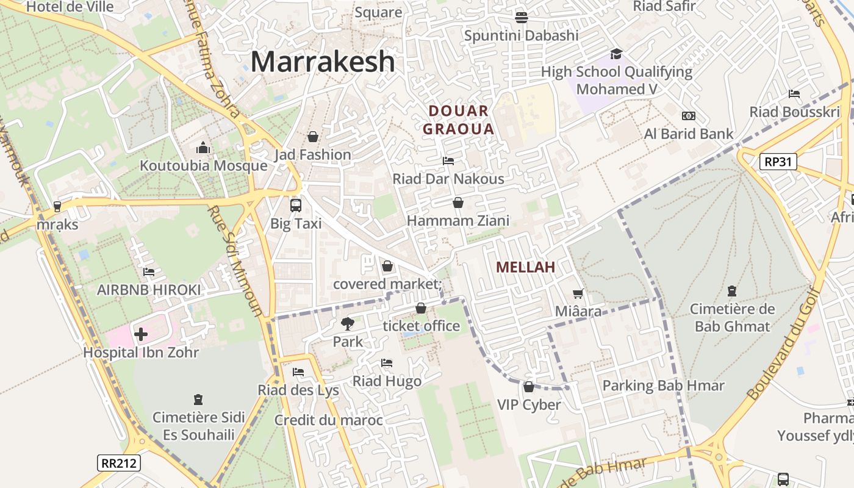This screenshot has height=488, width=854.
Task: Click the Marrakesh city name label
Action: (x=323, y=62)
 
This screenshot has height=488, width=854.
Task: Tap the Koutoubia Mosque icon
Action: (x=203, y=148)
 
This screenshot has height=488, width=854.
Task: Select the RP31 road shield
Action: (x=778, y=162)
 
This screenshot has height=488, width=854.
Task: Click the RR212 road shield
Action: (x=119, y=463)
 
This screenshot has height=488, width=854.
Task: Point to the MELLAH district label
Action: (x=525, y=267)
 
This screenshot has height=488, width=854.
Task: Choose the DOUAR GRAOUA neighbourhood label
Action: (x=458, y=120)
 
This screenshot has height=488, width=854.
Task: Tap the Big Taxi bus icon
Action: (x=296, y=205)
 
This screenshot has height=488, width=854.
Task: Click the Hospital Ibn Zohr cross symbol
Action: (x=141, y=334)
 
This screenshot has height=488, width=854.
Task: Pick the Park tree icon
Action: (x=348, y=324)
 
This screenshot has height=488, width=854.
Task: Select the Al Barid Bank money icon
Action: (x=688, y=116)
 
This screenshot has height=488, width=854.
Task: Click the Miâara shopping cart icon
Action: (x=578, y=293)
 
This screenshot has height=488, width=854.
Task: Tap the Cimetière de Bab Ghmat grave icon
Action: (x=731, y=291)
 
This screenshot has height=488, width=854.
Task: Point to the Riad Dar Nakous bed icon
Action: (x=448, y=161)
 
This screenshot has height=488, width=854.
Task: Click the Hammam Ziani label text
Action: (x=457, y=220)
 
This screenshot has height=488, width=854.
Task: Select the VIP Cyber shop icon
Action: (x=529, y=387)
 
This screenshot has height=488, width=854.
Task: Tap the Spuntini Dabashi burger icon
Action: (x=521, y=17)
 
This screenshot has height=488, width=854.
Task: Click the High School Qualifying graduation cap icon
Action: (x=616, y=54)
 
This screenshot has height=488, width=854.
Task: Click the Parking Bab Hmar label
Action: (x=663, y=386)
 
